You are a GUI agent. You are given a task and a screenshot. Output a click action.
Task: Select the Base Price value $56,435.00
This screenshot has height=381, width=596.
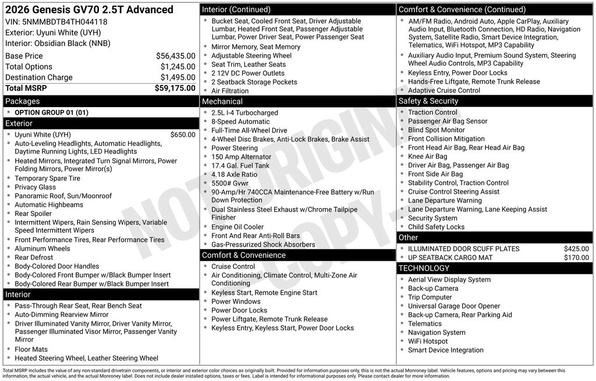click(x=175, y=56)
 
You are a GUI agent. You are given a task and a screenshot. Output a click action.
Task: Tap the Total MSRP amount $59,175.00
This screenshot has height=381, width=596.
click(x=175, y=88)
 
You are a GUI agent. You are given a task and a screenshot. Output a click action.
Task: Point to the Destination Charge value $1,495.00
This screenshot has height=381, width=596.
click(x=178, y=77)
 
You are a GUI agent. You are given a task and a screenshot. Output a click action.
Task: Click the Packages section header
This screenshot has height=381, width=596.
click(x=23, y=101)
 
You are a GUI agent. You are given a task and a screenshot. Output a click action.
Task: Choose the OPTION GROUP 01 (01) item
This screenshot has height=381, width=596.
click(x=51, y=112)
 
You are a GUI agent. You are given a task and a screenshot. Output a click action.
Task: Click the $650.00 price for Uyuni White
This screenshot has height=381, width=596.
click(x=183, y=134)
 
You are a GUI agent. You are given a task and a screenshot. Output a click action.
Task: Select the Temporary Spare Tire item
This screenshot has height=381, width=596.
click(x=47, y=179)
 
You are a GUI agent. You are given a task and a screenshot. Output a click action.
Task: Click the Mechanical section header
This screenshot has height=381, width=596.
click(x=222, y=101)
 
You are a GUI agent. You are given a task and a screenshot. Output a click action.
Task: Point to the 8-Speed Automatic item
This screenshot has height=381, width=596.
click(x=240, y=122)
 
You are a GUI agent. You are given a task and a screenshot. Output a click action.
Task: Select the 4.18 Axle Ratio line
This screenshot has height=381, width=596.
click(x=234, y=175)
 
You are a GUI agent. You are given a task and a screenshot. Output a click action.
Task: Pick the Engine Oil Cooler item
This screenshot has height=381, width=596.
click(x=237, y=227)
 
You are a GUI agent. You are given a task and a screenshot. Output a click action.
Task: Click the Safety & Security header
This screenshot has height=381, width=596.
click(x=428, y=101)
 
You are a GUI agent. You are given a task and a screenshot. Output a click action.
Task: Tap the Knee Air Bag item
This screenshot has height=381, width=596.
click(x=427, y=156)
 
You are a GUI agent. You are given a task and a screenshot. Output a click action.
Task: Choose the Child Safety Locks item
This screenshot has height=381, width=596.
click(x=436, y=227)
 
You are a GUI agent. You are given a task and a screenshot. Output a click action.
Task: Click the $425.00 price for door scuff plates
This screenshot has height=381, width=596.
click(x=576, y=249)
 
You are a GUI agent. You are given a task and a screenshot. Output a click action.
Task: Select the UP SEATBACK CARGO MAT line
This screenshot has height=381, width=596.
click(x=450, y=258)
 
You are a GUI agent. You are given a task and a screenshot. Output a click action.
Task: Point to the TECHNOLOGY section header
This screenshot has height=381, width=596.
click(x=424, y=268)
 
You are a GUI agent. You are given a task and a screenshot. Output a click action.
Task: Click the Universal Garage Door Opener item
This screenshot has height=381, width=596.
click(x=454, y=306)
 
